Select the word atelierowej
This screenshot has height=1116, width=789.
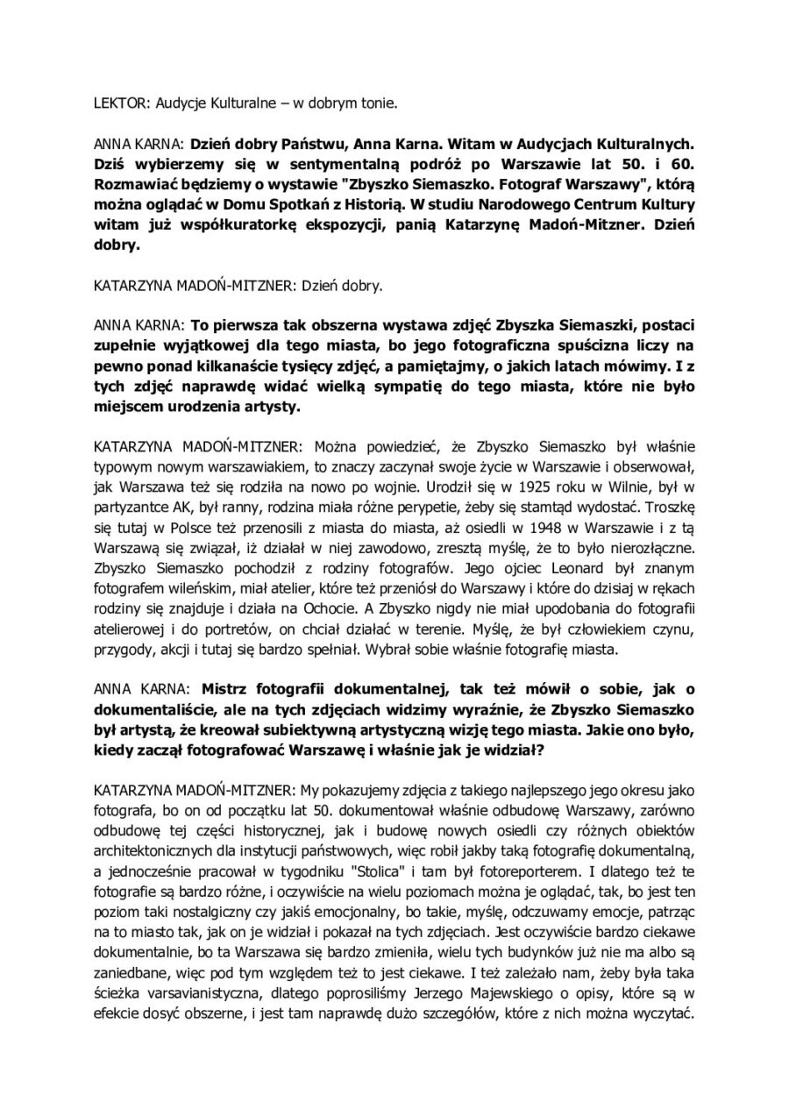point(129,630)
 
